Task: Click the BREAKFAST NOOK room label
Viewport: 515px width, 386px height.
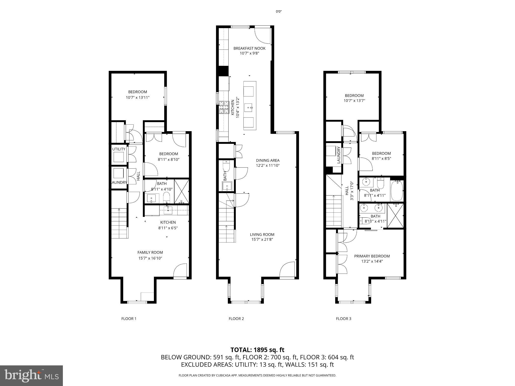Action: pyautogui.click(x=249, y=49)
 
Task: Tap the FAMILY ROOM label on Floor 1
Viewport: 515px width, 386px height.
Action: pyautogui.click(x=150, y=253)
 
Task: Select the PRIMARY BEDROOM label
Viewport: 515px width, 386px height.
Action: pyautogui.click(x=372, y=256)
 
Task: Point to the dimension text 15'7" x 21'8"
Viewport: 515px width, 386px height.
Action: pyautogui.click(x=262, y=239)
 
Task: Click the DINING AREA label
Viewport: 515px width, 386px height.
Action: pyautogui.click(x=268, y=160)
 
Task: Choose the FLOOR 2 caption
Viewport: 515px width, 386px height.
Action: pyautogui.click(x=236, y=319)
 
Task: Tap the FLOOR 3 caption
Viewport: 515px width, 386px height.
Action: pyautogui.click(x=344, y=319)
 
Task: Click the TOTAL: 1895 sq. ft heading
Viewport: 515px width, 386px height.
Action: pyautogui.click(x=257, y=350)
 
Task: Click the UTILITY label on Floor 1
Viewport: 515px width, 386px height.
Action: pyautogui.click(x=119, y=149)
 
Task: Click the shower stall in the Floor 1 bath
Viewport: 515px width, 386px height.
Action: pyautogui.click(x=181, y=191)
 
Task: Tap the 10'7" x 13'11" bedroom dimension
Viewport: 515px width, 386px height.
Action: pyautogui.click(x=138, y=97)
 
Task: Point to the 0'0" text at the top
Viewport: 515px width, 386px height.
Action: pyautogui.click(x=278, y=11)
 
